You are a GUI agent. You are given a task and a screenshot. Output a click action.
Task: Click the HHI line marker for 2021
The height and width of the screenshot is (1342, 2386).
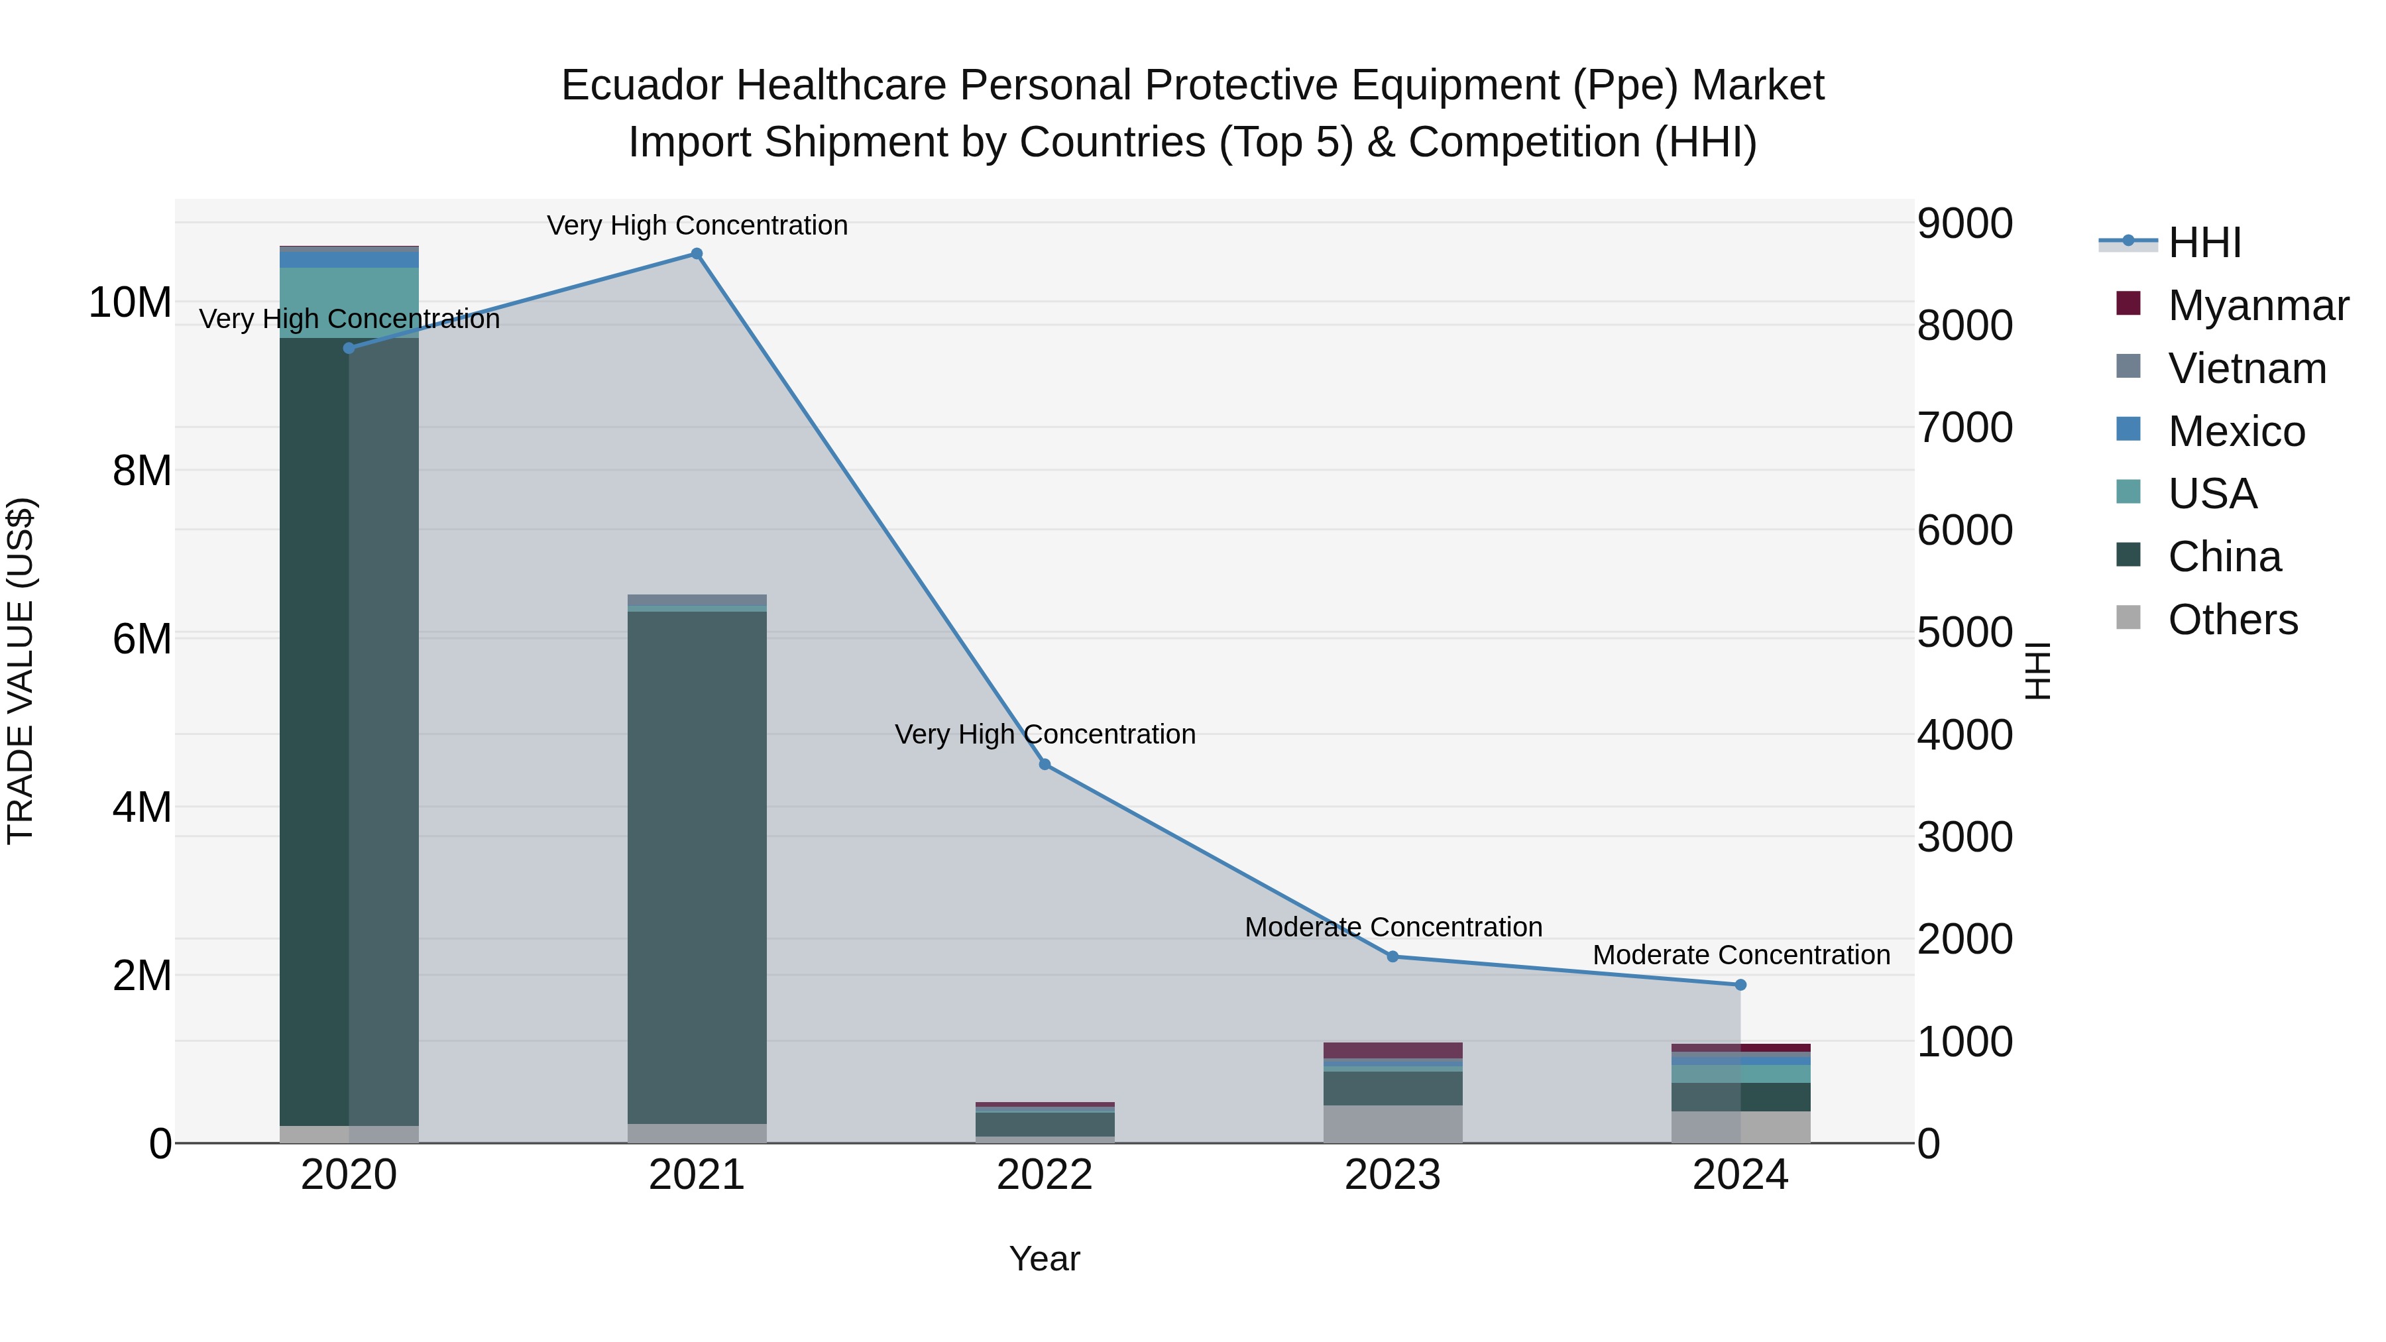point(697,254)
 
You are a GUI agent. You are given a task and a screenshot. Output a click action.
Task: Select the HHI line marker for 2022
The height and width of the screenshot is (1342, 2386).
point(1045,764)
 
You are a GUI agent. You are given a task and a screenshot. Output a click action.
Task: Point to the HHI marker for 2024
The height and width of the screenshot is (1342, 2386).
point(1740,985)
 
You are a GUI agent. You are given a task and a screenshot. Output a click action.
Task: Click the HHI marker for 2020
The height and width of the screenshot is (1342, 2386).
point(349,348)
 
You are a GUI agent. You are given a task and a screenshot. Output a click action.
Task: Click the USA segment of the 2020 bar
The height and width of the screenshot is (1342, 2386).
point(349,303)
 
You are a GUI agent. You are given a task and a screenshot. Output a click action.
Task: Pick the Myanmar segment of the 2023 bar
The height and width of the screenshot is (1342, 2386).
point(1392,1050)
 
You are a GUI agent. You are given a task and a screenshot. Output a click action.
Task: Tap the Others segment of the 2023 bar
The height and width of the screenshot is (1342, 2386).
point(1392,1123)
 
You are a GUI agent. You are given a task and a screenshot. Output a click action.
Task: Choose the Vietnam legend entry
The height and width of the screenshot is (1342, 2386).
point(2246,368)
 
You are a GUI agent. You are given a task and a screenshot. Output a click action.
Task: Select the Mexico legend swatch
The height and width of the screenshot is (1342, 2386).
point(2128,429)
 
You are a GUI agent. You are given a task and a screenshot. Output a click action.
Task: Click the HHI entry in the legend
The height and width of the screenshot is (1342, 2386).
point(2204,243)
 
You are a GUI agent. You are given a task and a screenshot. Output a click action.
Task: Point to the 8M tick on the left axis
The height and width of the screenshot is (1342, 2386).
point(142,471)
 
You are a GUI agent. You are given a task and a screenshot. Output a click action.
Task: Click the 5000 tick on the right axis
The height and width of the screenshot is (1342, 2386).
point(1964,633)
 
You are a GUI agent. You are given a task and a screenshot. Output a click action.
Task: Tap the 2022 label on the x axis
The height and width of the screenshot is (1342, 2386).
point(1045,1175)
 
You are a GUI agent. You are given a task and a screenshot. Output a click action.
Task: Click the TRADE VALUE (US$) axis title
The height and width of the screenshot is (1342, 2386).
point(21,671)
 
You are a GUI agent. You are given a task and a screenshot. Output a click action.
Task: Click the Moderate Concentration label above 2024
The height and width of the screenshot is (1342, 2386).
point(1740,955)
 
